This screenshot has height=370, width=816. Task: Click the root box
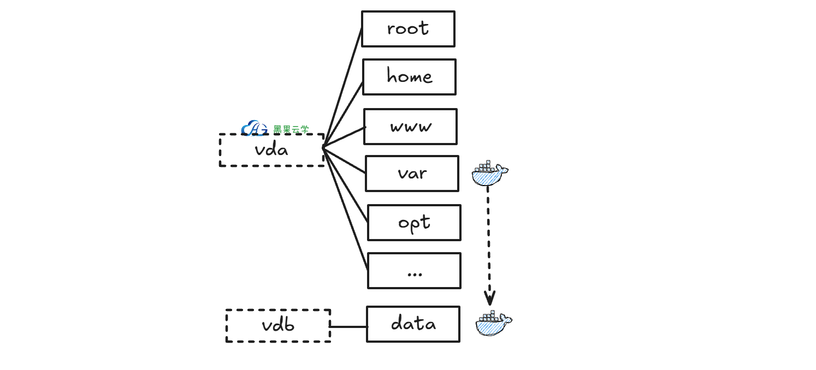click(408, 29)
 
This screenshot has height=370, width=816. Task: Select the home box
click(409, 77)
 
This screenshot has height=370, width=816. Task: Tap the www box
click(410, 127)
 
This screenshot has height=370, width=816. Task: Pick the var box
click(412, 174)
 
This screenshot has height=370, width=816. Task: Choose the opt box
click(414, 222)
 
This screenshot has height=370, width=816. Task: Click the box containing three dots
click(414, 271)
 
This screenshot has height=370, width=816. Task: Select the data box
click(413, 324)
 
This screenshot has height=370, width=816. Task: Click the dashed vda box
click(271, 150)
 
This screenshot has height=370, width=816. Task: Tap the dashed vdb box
click(278, 326)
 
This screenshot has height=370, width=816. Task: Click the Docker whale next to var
click(489, 174)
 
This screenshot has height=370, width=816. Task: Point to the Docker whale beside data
click(493, 324)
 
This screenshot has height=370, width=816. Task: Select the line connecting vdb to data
click(348, 327)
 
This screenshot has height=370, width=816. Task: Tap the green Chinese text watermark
click(291, 129)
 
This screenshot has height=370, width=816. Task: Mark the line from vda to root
click(343, 87)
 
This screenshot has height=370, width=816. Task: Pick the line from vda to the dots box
click(346, 211)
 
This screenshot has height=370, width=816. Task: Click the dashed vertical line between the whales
click(488, 240)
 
